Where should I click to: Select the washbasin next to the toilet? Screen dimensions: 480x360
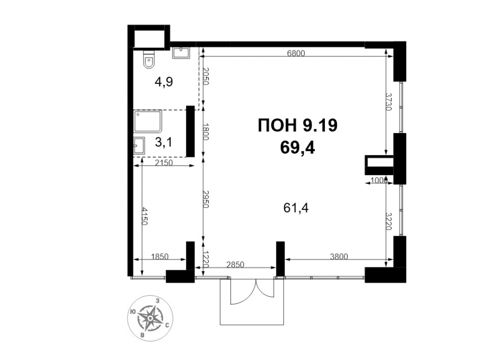[x=181, y=53]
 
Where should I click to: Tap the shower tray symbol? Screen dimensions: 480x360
[x=147, y=121]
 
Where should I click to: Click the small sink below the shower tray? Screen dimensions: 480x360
[x=139, y=145]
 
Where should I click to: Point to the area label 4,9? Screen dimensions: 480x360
[x=164, y=82]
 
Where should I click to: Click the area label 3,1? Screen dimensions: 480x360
[x=164, y=142]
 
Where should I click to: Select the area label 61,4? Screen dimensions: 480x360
[x=296, y=208]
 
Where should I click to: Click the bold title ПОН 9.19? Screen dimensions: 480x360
[x=298, y=125]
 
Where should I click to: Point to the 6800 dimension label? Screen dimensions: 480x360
[x=296, y=53]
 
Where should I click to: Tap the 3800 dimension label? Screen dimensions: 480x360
[x=339, y=256]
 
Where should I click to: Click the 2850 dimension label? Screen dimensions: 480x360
[x=235, y=264]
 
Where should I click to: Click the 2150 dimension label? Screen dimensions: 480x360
[x=164, y=163]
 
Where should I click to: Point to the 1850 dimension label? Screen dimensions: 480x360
[x=160, y=256]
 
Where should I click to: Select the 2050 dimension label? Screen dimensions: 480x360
[x=206, y=76]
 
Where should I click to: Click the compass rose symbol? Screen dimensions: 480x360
[x=150, y=318]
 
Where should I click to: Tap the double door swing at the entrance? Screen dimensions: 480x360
[x=252, y=291]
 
